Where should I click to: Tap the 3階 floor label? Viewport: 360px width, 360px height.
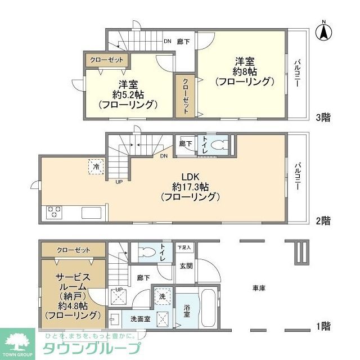322,118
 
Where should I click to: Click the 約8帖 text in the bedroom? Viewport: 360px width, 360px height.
245,71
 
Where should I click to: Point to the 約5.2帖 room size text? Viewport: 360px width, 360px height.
127,94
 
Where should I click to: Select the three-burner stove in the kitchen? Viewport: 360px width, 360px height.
54,212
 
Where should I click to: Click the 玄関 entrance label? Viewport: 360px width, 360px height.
186,265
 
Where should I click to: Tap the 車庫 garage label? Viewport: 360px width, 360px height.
259,288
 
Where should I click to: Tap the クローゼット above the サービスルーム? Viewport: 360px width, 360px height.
73,249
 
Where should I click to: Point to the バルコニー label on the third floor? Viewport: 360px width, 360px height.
296,73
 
